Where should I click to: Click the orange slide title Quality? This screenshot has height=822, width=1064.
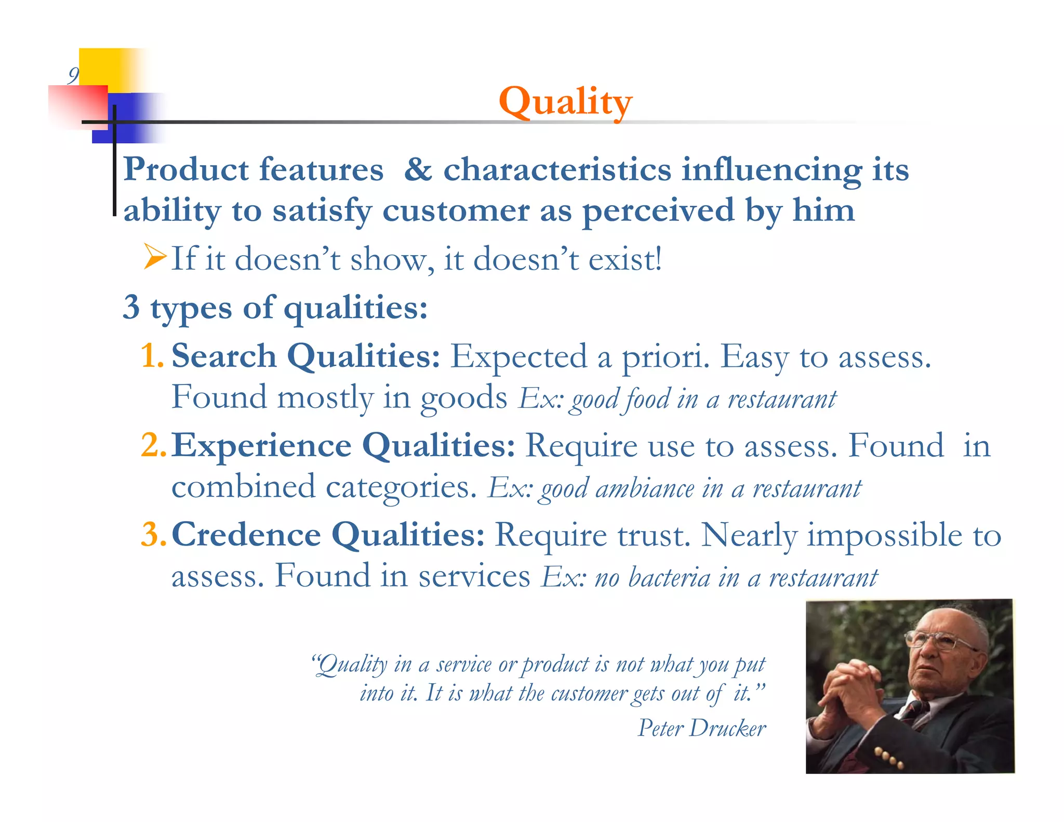565,102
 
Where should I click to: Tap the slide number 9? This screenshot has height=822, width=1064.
73,76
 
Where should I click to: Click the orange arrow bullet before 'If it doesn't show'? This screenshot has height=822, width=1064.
155,257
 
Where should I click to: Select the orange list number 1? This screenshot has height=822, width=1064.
151,356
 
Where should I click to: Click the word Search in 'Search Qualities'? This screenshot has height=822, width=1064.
223,356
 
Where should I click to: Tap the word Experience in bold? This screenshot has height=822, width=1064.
261,446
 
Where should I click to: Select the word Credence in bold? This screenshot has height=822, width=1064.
246,535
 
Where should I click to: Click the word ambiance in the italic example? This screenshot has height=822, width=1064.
644,489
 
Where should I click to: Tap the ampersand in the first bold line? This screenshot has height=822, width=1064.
418,170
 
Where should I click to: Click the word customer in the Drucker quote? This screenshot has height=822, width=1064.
589,694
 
